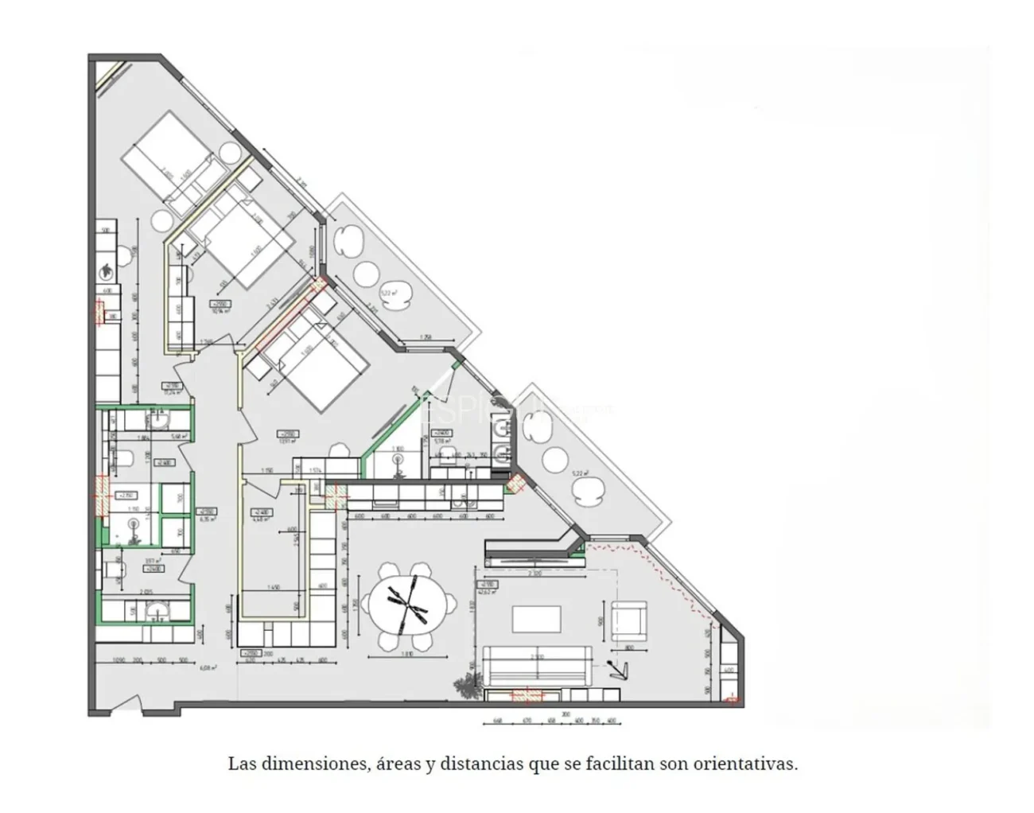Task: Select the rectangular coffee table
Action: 536,621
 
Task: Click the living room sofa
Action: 538,667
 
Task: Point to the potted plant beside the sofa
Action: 465,686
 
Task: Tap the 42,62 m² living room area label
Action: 486,591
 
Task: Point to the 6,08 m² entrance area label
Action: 208,667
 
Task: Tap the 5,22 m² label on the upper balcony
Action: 388,293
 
